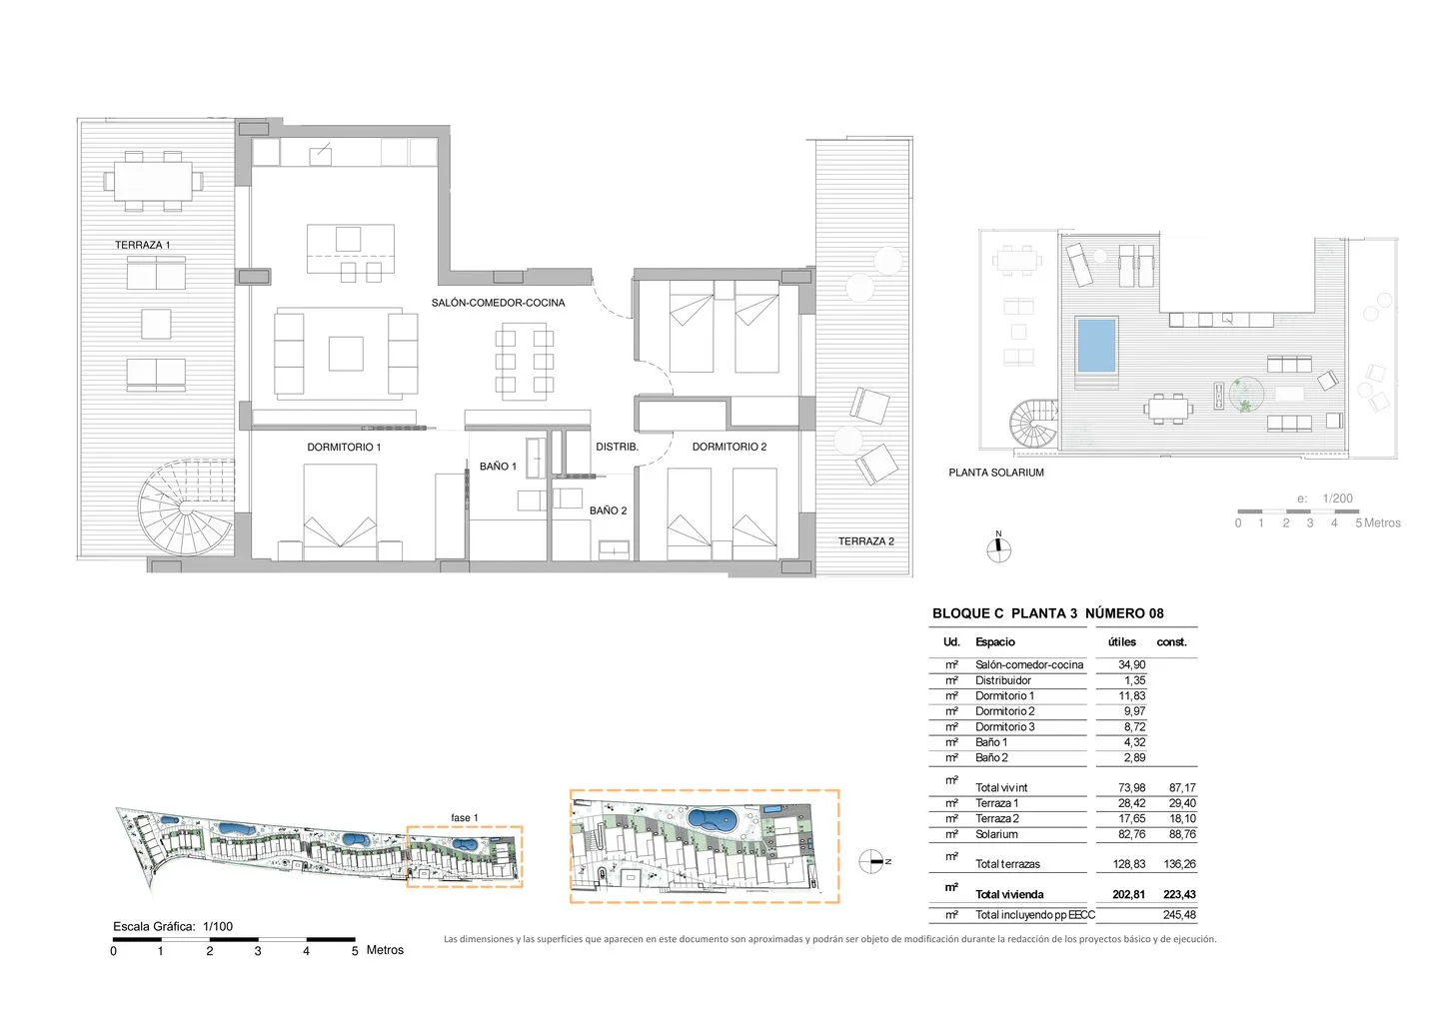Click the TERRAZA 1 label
pyautogui.click(x=143, y=245)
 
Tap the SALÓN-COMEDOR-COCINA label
pyautogui.click(x=498, y=303)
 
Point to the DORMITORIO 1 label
pyautogui.click(x=344, y=447)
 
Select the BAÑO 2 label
pyautogui.click(x=608, y=510)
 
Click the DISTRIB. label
pyautogui.click(x=617, y=447)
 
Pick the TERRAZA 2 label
pyautogui.click(x=866, y=541)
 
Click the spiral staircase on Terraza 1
pyautogui.click(x=185, y=508)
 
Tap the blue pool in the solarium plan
pyautogui.click(x=1096, y=346)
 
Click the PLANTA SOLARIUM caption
pyautogui.click(x=996, y=473)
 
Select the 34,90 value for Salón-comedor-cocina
pyautogui.click(x=1131, y=664)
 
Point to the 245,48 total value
pyautogui.click(x=1179, y=914)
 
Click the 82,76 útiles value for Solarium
pyautogui.click(x=1131, y=834)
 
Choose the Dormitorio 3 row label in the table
pyautogui.click(x=1004, y=727)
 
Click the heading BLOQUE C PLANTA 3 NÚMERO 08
pyautogui.click(x=1047, y=613)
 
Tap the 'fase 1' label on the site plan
pyautogui.click(x=464, y=817)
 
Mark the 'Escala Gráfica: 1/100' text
pyautogui.click(x=173, y=927)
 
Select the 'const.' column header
pyautogui.click(x=1172, y=642)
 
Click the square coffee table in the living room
pyautogui.click(x=346, y=354)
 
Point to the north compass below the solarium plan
pyautogui.click(x=998, y=547)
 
